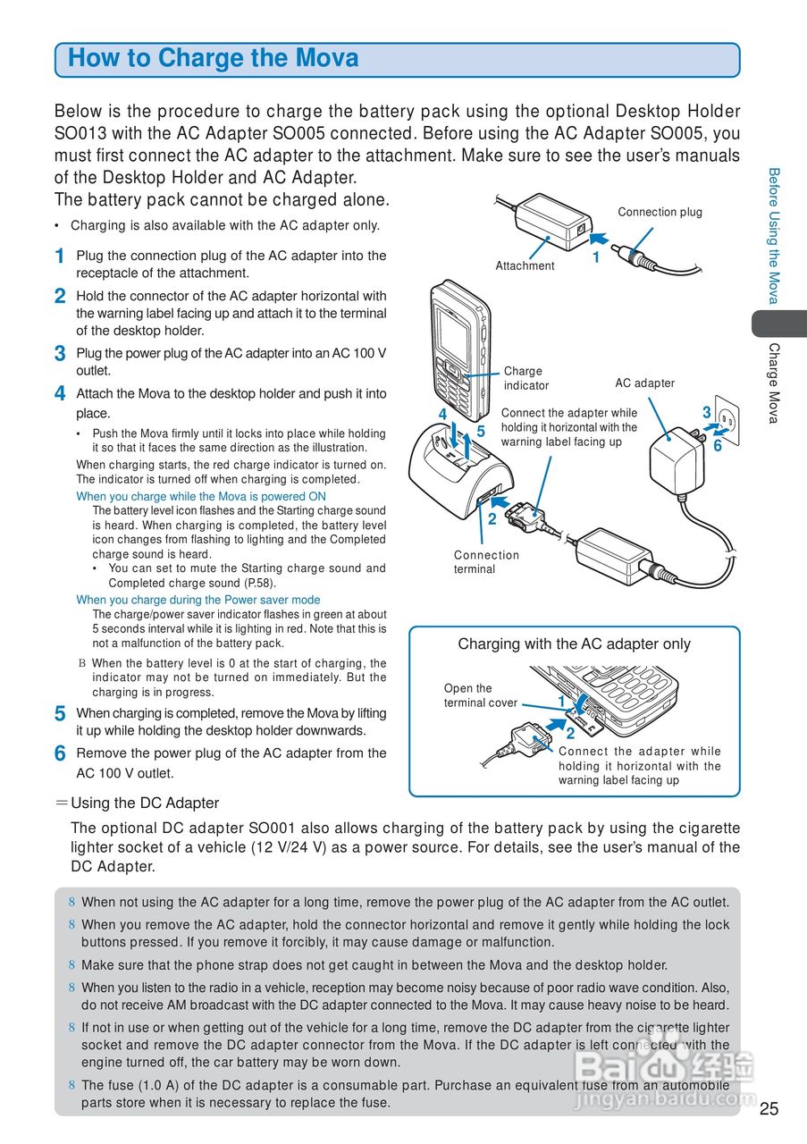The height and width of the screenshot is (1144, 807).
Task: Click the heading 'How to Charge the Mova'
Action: pos(214,59)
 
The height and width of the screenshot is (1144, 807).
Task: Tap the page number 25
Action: pos(769,1109)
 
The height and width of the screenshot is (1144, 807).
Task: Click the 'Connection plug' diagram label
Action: pos(660,212)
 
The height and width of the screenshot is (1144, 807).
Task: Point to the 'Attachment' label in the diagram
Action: pos(525,265)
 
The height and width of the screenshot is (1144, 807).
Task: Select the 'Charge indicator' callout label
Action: pos(525,378)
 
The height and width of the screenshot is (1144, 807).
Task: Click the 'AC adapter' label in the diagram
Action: pos(644,383)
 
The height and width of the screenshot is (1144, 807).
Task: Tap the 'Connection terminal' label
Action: pos(486,562)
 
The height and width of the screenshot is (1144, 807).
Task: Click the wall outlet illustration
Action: pos(727,416)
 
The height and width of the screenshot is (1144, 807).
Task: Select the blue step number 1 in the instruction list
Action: pos(59,257)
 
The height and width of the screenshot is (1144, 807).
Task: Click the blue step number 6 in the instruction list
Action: pos(59,754)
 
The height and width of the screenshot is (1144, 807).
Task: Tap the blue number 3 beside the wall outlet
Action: pos(706,413)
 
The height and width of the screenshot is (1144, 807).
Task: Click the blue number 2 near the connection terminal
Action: pos(492,518)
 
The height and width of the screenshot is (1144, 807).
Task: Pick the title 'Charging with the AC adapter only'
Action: pos(574,643)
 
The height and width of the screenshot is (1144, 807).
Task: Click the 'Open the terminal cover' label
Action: pos(480,695)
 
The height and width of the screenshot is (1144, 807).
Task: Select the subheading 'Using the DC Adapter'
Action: pos(144,803)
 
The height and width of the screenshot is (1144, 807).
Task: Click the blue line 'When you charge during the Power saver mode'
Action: pos(198,600)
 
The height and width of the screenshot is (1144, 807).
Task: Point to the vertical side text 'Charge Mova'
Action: pos(774,383)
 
